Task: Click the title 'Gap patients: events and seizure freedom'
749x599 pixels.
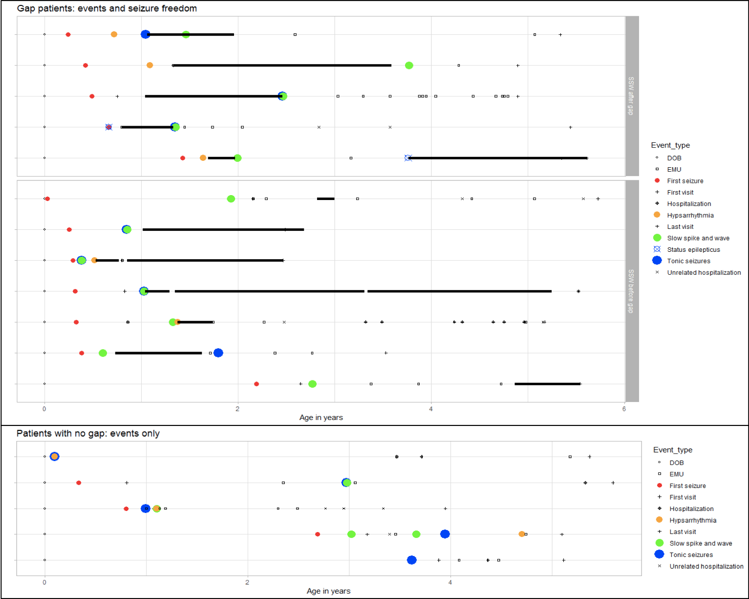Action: coord(107,8)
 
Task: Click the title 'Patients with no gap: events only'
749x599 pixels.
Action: coord(88,433)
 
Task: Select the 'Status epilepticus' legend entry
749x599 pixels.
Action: coord(693,249)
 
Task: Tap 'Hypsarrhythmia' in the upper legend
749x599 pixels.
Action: coord(690,215)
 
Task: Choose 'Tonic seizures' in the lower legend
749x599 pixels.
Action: coord(691,555)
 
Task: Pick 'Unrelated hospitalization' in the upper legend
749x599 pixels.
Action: coord(704,272)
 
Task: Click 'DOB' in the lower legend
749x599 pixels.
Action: coord(676,463)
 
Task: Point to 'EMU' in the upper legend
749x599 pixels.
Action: coord(674,169)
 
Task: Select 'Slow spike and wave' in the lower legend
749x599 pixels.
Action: coord(701,543)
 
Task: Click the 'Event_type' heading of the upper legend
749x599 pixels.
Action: coord(670,145)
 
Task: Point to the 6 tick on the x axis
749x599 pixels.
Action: coord(624,409)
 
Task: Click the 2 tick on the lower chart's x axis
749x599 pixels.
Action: coord(247,582)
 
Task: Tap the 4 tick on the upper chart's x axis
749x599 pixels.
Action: coord(430,409)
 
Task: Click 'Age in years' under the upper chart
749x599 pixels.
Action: coord(321,418)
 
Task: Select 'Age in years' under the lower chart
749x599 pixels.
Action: coord(328,591)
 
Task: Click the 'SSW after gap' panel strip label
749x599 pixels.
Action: coord(631,96)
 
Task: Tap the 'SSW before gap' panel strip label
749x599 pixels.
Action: coord(631,291)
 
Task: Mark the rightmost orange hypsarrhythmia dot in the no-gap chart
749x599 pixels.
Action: coord(522,534)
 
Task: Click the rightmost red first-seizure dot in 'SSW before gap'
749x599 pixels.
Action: coord(257,384)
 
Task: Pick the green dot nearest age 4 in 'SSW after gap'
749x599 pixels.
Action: coord(409,66)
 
